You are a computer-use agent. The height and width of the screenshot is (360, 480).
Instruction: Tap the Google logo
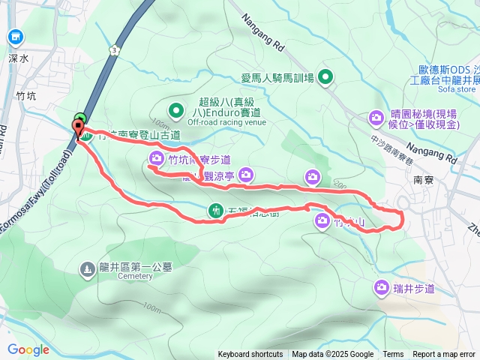[x=28, y=349]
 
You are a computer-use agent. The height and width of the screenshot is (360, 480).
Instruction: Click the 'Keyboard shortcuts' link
[x=250, y=355]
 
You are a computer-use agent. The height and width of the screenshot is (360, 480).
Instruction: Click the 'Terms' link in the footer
[x=393, y=355]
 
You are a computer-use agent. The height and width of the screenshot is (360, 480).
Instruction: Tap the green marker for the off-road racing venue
[x=176, y=111]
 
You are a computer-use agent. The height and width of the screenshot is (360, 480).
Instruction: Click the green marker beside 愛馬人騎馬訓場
[x=326, y=76]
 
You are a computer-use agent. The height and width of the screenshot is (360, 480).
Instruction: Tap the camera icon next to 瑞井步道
[x=382, y=287]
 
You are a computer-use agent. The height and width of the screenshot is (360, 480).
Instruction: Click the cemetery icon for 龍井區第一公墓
[x=88, y=267]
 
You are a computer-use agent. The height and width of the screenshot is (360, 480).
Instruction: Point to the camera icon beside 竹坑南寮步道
[x=157, y=157]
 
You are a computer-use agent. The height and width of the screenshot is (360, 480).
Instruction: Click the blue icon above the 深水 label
[x=16, y=37]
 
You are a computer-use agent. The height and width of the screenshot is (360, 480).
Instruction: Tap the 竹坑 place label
[x=26, y=95]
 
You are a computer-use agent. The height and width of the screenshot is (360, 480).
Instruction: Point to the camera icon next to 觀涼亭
[x=248, y=175]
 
